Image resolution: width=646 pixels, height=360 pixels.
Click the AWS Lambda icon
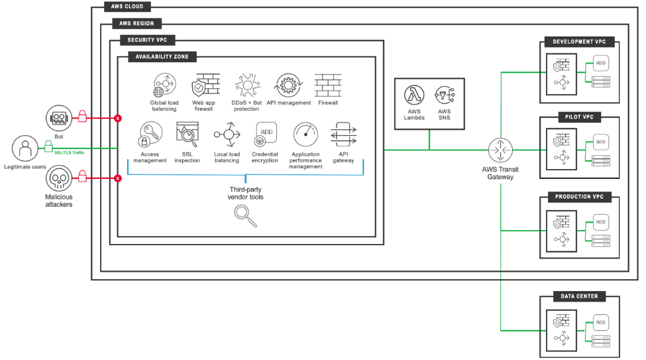point(414,95)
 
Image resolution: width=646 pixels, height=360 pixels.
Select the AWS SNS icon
point(444,95)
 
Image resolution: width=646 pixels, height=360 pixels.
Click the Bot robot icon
point(58,118)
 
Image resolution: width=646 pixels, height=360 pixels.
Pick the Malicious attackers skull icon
point(58,178)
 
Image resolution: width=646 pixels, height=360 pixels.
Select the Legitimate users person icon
point(26,147)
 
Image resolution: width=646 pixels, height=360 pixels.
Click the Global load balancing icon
point(164,86)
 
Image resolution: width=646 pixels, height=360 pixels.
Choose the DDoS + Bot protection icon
point(246,86)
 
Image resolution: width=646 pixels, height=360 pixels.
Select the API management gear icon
point(289,86)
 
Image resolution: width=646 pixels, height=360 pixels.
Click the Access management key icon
point(149,135)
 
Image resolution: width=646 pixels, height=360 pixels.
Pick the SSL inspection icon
point(187,135)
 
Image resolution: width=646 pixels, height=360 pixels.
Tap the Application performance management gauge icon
point(305,135)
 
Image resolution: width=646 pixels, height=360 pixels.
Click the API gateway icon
point(343,135)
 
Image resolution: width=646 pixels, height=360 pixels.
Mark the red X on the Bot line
point(118,118)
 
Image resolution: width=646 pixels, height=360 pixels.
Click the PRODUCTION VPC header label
point(579,198)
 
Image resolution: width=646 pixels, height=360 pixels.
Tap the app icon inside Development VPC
point(600,63)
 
